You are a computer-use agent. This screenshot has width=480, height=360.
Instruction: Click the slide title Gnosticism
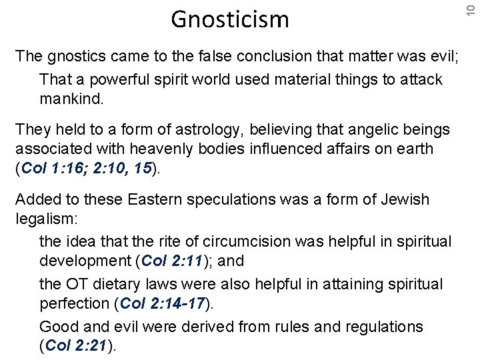coord(230,19)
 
